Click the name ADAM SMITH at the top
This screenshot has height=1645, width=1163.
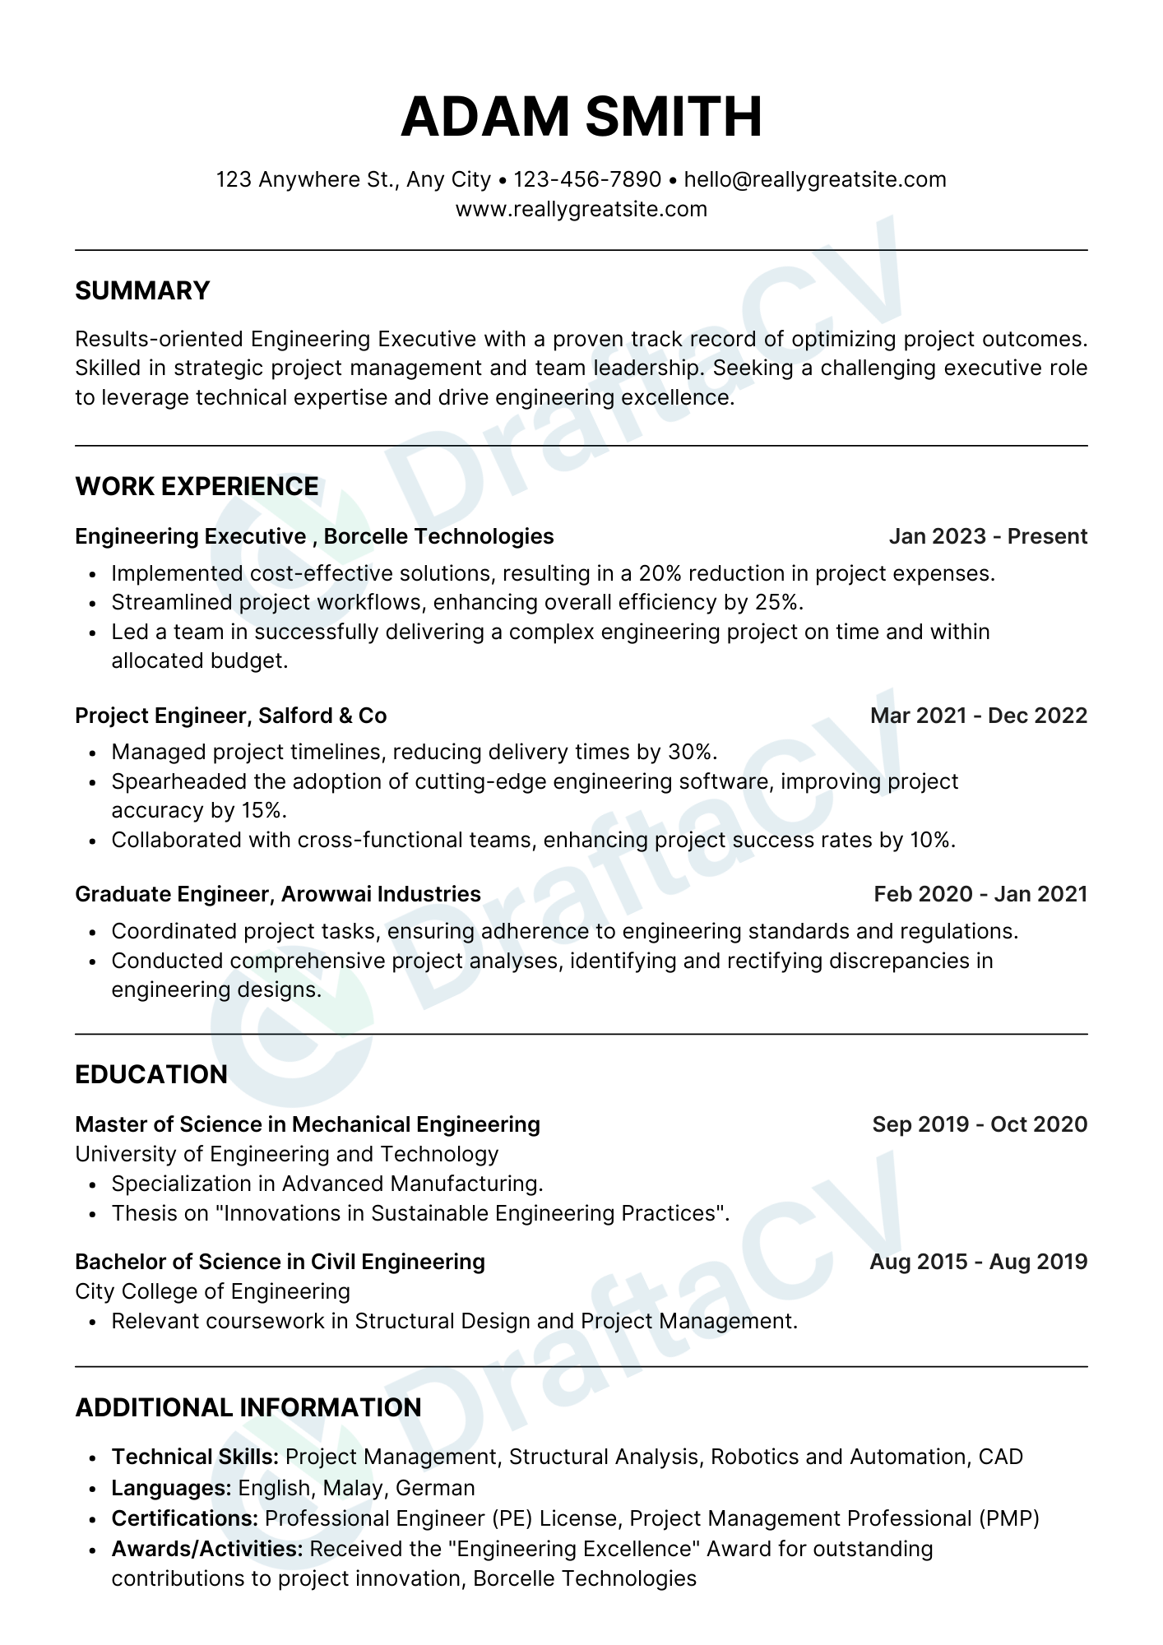pyautogui.click(x=581, y=117)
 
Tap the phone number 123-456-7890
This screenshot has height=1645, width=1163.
pyautogui.click(x=587, y=179)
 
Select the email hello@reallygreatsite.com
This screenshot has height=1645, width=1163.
pyautogui.click(x=815, y=179)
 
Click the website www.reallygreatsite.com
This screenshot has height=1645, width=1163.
pyautogui.click(x=581, y=209)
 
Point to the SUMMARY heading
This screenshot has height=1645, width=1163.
pyautogui.click(x=142, y=290)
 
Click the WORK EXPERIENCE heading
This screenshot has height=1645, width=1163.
pyautogui.click(x=197, y=486)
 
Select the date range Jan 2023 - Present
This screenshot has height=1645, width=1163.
pyautogui.click(x=988, y=536)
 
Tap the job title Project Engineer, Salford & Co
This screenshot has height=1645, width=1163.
pyautogui.click(x=230, y=716)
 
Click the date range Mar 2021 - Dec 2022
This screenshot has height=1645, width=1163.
pyautogui.click(x=979, y=716)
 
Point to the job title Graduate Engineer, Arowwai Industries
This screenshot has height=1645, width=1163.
pyautogui.click(x=277, y=894)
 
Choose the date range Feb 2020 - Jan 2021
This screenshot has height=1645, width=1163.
pyautogui.click(x=980, y=894)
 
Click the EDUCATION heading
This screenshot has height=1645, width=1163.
pyautogui.click(x=151, y=1074)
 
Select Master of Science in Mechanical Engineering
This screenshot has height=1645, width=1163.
pyautogui.click(x=308, y=1124)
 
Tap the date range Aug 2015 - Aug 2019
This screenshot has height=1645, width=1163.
pyautogui.click(x=979, y=1262)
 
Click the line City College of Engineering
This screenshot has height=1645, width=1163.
pyautogui.click(x=212, y=1291)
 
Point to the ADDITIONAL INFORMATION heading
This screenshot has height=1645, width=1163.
pyautogui.click(x=248, y=1407)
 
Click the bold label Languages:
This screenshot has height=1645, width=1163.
pyautogui.click(x=171, y=1488)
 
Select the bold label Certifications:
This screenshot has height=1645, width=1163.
pyautogui.click(x=185, y=1518)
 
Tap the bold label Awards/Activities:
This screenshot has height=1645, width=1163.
pyautogui.click(x=207, y=1549)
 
